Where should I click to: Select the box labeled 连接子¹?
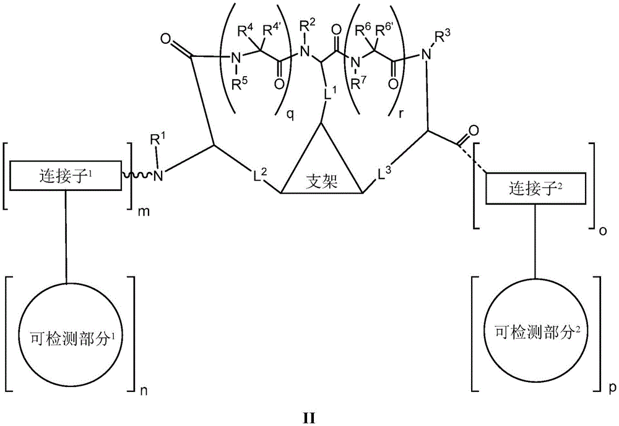[66, 176]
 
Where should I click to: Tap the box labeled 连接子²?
[535, 188]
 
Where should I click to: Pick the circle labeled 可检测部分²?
[535, 333]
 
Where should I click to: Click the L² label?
[260, 175]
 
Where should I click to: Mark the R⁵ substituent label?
[240, 83]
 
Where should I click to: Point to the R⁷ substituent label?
[358, 83]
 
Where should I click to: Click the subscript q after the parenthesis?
[290, 116]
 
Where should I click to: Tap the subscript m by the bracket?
[142, 211]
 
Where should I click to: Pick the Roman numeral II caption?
[309, 417]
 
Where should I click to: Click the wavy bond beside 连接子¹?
[137, 174]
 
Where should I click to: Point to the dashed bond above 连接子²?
[472, 160]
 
